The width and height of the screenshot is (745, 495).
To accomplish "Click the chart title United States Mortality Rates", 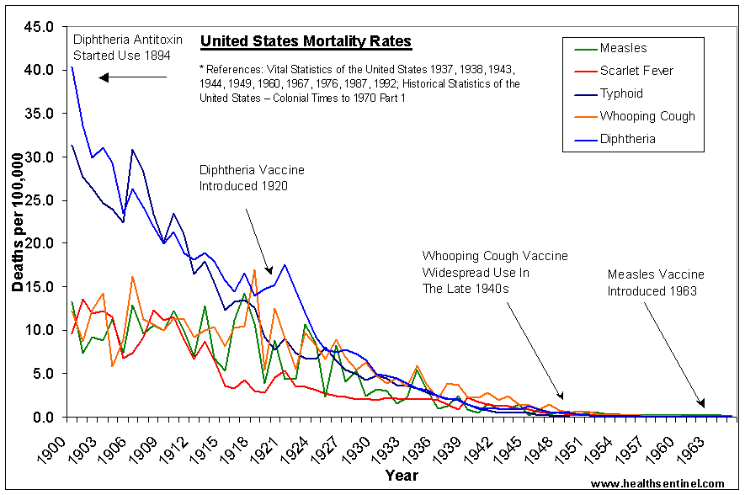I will point(306,41).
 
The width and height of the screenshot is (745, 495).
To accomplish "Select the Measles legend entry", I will point(624,48).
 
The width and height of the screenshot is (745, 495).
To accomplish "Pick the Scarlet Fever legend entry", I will point(636,71).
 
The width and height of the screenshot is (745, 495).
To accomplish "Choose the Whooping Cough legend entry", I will point(647,116).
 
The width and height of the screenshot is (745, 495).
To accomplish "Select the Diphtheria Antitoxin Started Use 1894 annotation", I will point(122,48).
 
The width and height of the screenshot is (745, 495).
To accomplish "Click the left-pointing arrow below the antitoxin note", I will point(133,78).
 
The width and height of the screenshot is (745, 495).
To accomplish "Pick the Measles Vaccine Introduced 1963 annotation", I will point(656,282).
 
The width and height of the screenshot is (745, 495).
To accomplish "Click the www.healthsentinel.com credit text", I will point(657,484).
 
